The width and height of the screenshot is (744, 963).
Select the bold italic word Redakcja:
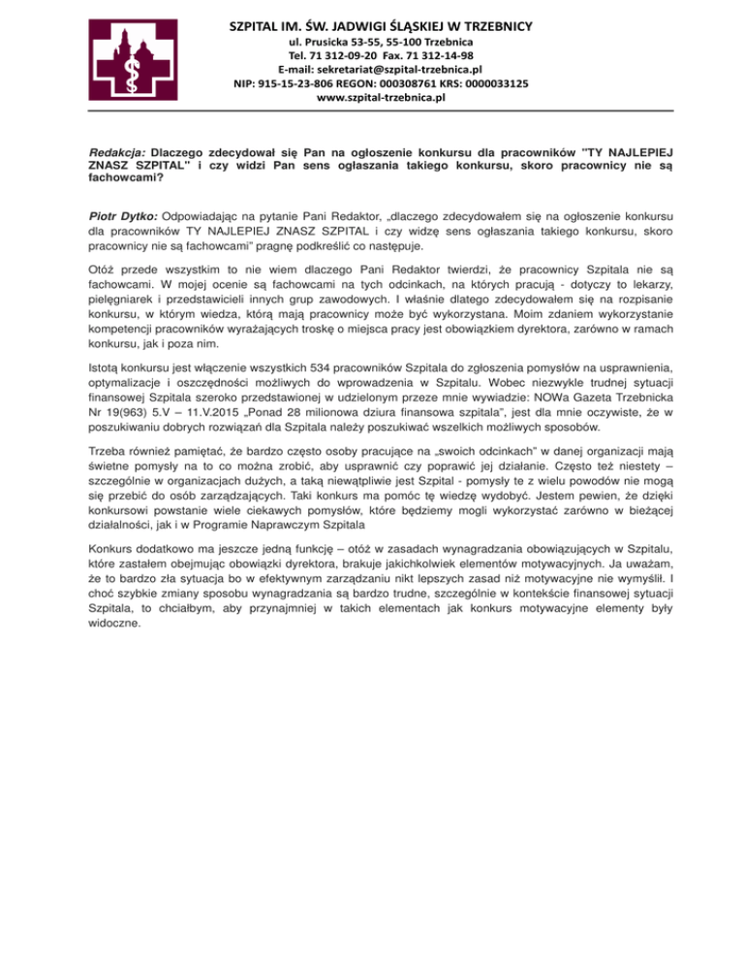[118, 153]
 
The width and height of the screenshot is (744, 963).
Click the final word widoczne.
[114, 624]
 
